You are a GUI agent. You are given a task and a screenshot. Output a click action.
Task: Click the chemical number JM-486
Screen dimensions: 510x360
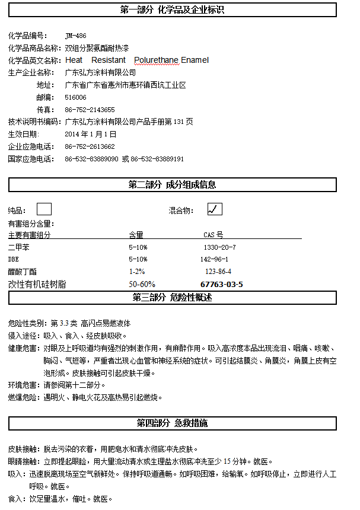(75, 36)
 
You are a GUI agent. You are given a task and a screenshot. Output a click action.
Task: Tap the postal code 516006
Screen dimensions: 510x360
(75, 97)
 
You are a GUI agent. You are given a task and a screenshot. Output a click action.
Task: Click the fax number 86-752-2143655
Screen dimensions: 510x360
(90, 110)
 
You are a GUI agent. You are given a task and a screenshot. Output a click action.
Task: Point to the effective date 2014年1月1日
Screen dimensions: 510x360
(90, 134)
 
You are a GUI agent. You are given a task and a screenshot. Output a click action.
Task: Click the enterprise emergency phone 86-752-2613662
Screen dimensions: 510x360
(90, 146)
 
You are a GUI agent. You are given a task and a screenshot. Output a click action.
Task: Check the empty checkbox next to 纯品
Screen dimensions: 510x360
(44, 209)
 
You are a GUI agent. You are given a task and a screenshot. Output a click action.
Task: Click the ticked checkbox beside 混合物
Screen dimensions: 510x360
(215, 209)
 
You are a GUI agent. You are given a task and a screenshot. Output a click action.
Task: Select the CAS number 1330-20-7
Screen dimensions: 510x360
(219, 247)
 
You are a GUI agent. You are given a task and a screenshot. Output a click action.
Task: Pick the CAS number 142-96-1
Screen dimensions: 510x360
(214, 259)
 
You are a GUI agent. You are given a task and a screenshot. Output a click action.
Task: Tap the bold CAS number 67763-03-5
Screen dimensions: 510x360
(221, 284)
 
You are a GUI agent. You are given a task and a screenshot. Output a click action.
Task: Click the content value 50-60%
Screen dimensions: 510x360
(142, 284)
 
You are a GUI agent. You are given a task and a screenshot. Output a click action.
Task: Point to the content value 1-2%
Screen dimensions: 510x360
(137, 272)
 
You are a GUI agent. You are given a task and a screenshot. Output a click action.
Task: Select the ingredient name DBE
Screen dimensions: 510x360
(13, 259)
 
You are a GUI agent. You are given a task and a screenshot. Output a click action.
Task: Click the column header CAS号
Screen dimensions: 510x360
(214, 235)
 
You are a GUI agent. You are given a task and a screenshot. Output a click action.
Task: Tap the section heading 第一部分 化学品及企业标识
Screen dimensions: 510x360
(172, 10)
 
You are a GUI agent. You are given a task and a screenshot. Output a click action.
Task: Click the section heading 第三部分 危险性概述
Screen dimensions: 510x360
(172, 297)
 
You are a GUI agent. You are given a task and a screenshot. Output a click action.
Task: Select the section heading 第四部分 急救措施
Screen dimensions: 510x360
(172, 423)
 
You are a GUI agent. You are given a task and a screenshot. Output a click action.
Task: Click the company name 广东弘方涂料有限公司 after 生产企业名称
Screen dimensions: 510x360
(100, 72)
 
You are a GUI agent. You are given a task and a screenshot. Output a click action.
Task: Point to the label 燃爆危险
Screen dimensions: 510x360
(23, 397)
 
